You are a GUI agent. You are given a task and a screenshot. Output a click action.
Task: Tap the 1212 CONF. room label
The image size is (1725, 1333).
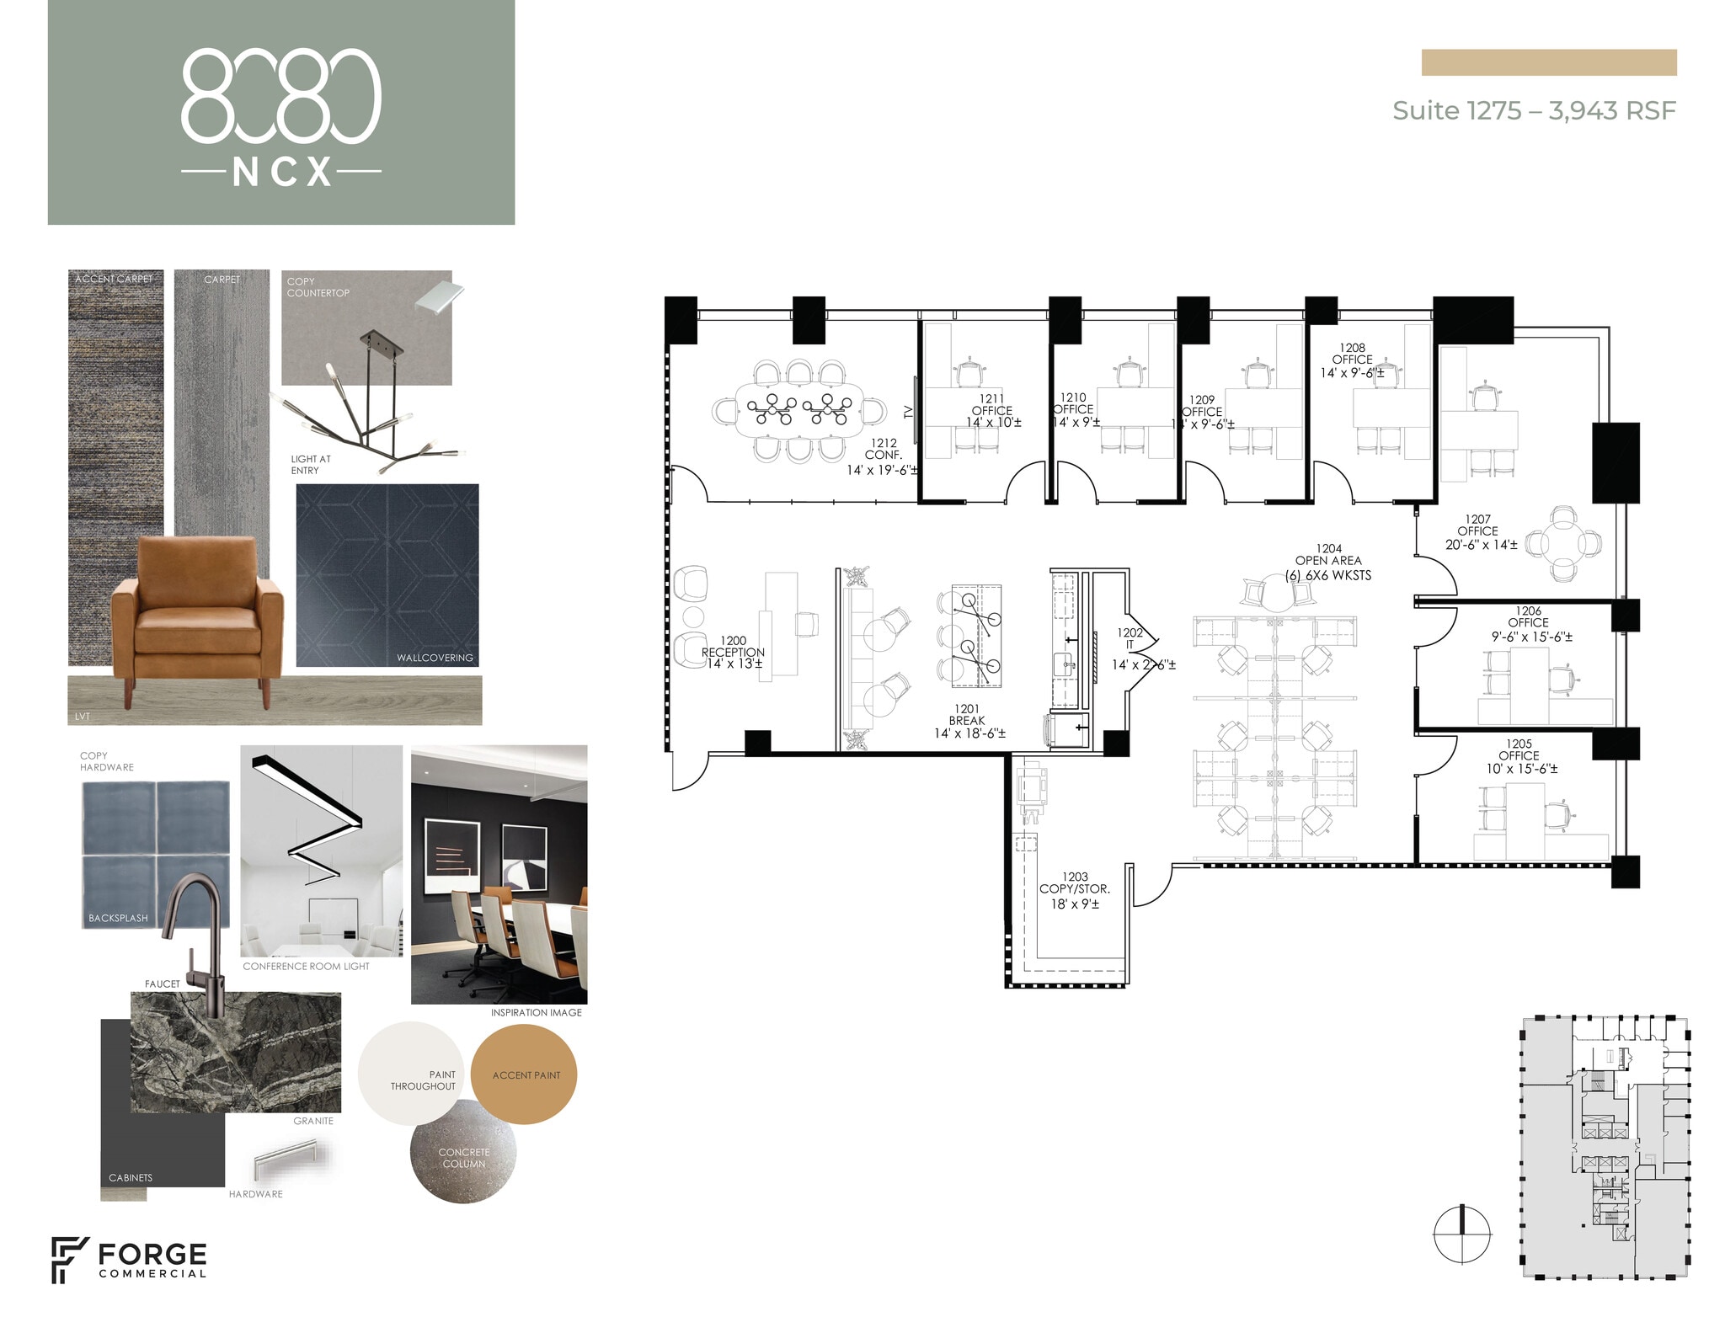click(883, 456)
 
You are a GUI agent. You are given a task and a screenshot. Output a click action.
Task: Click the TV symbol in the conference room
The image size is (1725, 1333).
click(910, 411)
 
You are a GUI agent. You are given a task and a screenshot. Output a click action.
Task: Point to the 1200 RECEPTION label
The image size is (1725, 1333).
click(733, 652)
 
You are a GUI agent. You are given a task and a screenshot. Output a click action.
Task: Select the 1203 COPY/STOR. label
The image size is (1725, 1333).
click(1074, 889)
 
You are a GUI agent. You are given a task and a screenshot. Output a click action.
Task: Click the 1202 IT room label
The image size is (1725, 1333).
click(1130, 638)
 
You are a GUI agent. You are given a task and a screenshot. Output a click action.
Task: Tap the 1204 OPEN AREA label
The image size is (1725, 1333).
click(1327, 561)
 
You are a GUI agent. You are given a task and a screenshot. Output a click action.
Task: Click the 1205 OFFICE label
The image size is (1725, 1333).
click(1519, 755)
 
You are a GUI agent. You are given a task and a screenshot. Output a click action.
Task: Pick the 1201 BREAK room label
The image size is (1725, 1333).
click(967, 721)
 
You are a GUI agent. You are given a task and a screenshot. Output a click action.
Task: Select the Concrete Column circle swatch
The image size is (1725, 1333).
click(462, 1154)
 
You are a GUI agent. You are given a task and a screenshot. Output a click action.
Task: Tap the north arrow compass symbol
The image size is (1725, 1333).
click(1461, 1234)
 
